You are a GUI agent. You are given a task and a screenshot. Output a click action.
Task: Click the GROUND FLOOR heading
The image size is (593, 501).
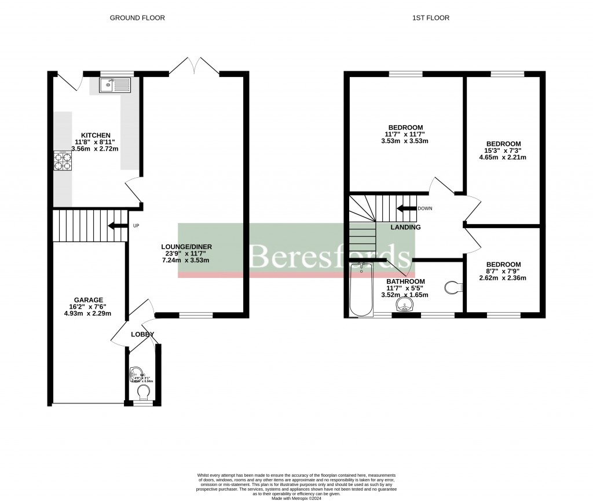(x=137, y=18)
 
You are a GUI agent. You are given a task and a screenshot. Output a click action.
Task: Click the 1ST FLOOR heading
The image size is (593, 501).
(x=430, y=18)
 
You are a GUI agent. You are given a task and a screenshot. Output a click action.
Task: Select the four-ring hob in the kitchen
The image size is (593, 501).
(x=63, y=160)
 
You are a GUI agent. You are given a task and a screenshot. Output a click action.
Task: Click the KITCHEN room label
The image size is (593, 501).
(x=96, y=136)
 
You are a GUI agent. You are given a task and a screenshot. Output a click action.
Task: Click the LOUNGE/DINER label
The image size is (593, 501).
(x=186, y=247)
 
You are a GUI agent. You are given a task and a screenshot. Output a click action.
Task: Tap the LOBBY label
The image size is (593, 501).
(x=142, y=335)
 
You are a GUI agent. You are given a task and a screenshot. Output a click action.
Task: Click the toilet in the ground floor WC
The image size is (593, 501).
(x=142, y=393)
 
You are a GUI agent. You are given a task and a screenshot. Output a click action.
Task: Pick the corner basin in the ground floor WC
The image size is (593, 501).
(x=135, y=374)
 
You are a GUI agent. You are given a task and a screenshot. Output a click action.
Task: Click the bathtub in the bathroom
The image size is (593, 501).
(x=362, y=291)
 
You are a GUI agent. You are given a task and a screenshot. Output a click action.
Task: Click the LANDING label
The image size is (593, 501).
(x=405, y=228)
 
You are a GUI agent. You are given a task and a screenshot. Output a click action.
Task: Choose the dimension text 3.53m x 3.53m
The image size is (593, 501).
(x=405, y=141)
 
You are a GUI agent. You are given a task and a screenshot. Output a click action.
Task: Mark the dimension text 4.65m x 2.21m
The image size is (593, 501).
(x=503, y=157)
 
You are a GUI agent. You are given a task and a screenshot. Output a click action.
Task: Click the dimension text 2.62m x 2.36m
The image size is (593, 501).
(x=503, y=277)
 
